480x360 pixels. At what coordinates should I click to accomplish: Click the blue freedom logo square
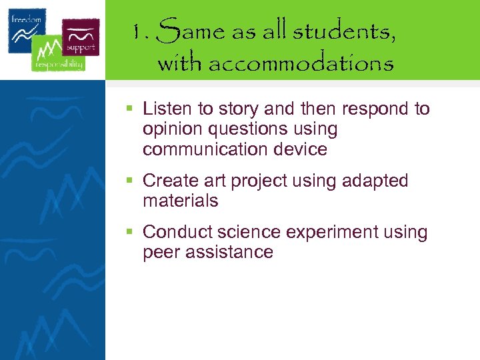point(27,30)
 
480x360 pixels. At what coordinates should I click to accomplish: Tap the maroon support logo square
point(81,37)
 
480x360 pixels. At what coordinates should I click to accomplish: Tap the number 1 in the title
point(137,32)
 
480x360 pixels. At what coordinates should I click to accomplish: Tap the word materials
point(180,201)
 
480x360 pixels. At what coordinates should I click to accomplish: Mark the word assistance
point(231,252)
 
